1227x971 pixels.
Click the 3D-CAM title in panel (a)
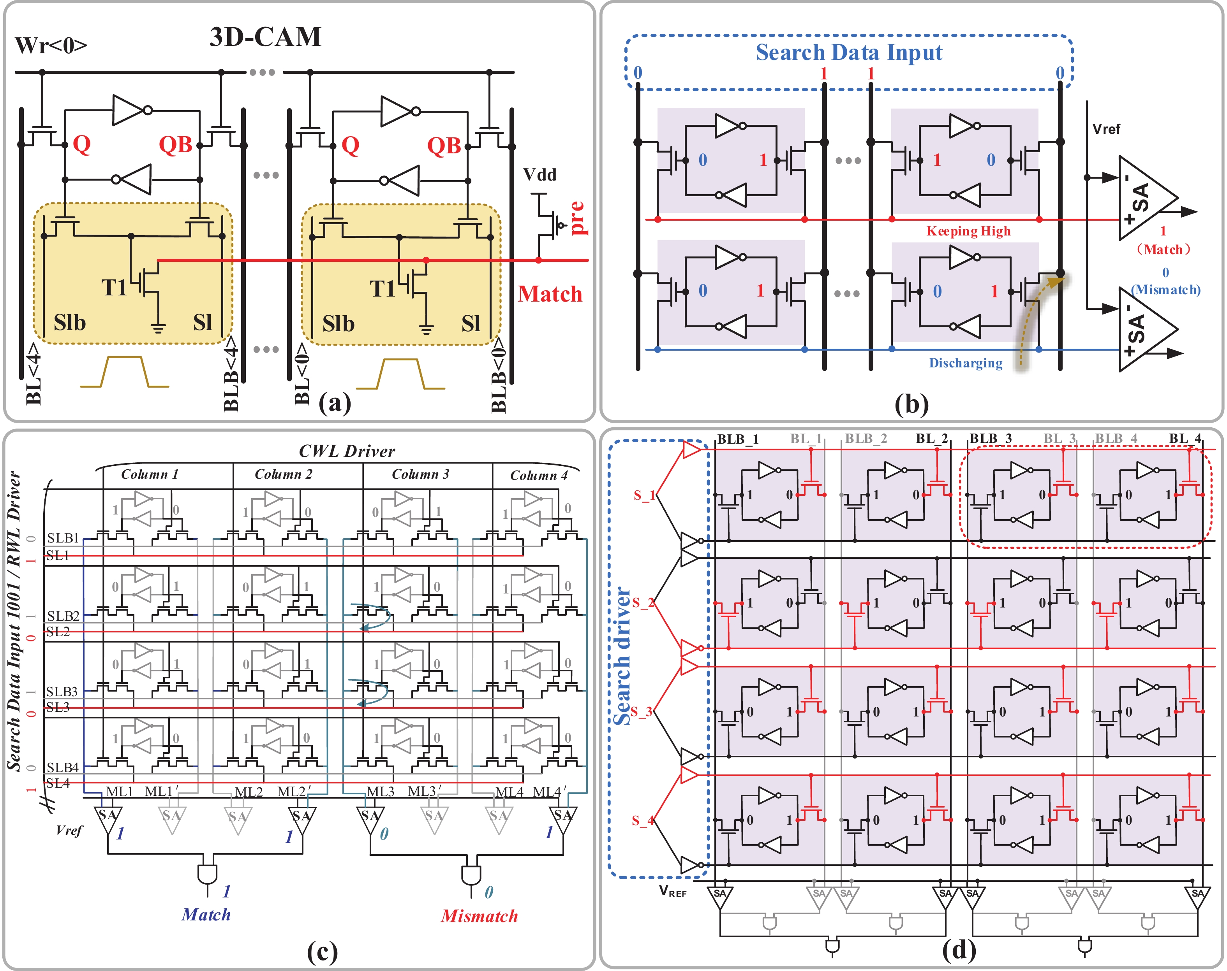tap(265, 37)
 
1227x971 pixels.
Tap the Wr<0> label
tap(51, 46)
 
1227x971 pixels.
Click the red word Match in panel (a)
tap(550, 294)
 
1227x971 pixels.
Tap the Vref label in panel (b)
tap(1106, 129)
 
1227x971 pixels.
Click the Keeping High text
tap(968, 231)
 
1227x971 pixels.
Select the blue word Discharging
tap(965, 363)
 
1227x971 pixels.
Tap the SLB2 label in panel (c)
tap(63, 616)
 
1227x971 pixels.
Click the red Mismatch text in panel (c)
tap(479, 916)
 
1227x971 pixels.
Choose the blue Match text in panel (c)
tap(206, 914)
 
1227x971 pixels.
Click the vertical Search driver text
tap(622, 656)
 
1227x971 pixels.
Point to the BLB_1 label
tap(737, 439)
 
